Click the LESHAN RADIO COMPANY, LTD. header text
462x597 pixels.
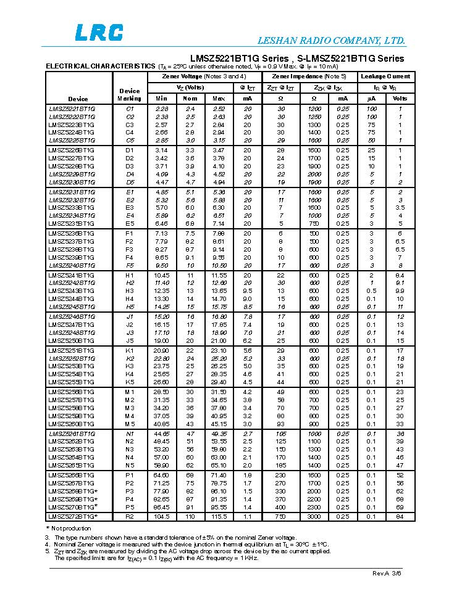[x=332, y=41]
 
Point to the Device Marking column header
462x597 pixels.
[x=129, y=94]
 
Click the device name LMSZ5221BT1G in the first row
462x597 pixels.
[x=72, y=109]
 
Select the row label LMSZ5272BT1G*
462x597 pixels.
[x=73, y=516]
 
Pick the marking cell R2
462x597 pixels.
[x=130, y=516]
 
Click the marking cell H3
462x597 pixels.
[x=130, y=290]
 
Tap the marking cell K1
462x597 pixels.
[x=130, y=350]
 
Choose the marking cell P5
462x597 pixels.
[x=130, y=506]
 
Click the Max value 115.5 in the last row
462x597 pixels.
[x=219, y=516]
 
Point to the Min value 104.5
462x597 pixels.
[x=162, y=516]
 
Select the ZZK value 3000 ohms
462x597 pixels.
[x=314, y=516]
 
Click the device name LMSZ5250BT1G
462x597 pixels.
[x=72, y=340]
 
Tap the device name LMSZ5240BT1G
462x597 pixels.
[x=72, y=265]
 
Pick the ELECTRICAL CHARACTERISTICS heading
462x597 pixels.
[x=101, y=66]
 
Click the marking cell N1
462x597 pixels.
[x=130, y=434]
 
